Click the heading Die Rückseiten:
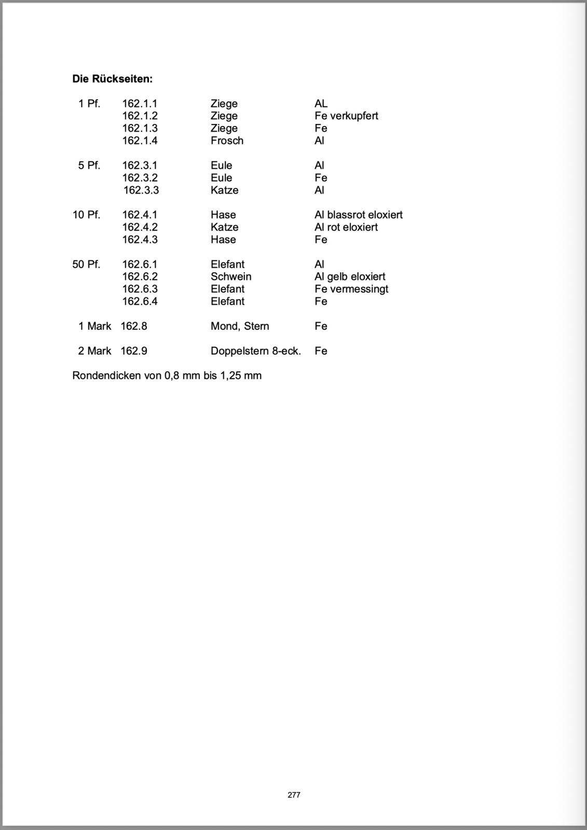click(112, 79)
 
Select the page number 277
click(294, 795)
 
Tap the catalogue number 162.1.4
click(140, 141)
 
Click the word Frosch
click(227, 141)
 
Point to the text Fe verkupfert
click(346, 116)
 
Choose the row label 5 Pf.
click(89, 165)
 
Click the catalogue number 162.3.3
click(141, 190)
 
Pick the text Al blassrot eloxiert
click(358, 215)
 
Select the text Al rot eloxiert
click(346, 227)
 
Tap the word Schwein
click(231, 276)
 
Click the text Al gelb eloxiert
click(350, 276)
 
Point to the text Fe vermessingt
click(351, 289)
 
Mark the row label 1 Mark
click(94, 326)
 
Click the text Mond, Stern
click(240, 326)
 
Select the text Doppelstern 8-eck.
click(255, 351)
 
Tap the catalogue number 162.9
click(134, 351)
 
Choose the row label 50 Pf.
click(86, 265)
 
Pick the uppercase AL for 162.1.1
click(321, 104)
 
